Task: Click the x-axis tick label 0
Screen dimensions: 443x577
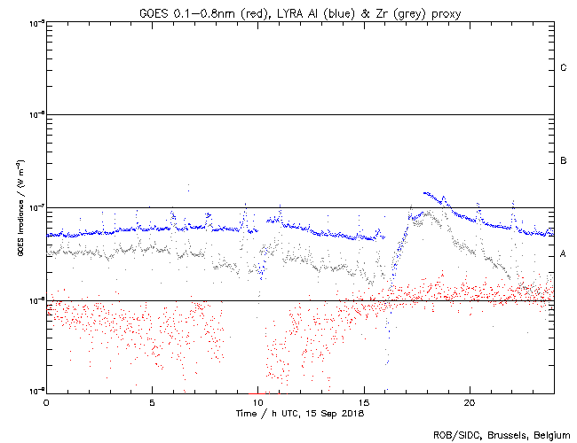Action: click(x=46, y=401)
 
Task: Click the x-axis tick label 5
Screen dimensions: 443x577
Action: click(x=152, y=401)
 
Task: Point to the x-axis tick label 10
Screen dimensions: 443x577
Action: click(x=257, y=401)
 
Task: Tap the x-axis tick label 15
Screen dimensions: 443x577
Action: click(x=364, y=401)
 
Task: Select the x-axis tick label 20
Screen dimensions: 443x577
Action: click(x=470, y=401)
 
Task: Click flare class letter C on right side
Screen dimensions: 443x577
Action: click(x=563, y=68)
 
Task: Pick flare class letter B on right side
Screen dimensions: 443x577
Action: click(x=563, y=160)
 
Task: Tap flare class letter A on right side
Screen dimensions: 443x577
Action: click(x=563, y=254)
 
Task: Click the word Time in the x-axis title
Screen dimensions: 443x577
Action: click(x=246, y=413)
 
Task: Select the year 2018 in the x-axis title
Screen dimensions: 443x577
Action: click(x=352, y=413)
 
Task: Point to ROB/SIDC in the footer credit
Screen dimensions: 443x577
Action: click(x=453, y=434)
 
